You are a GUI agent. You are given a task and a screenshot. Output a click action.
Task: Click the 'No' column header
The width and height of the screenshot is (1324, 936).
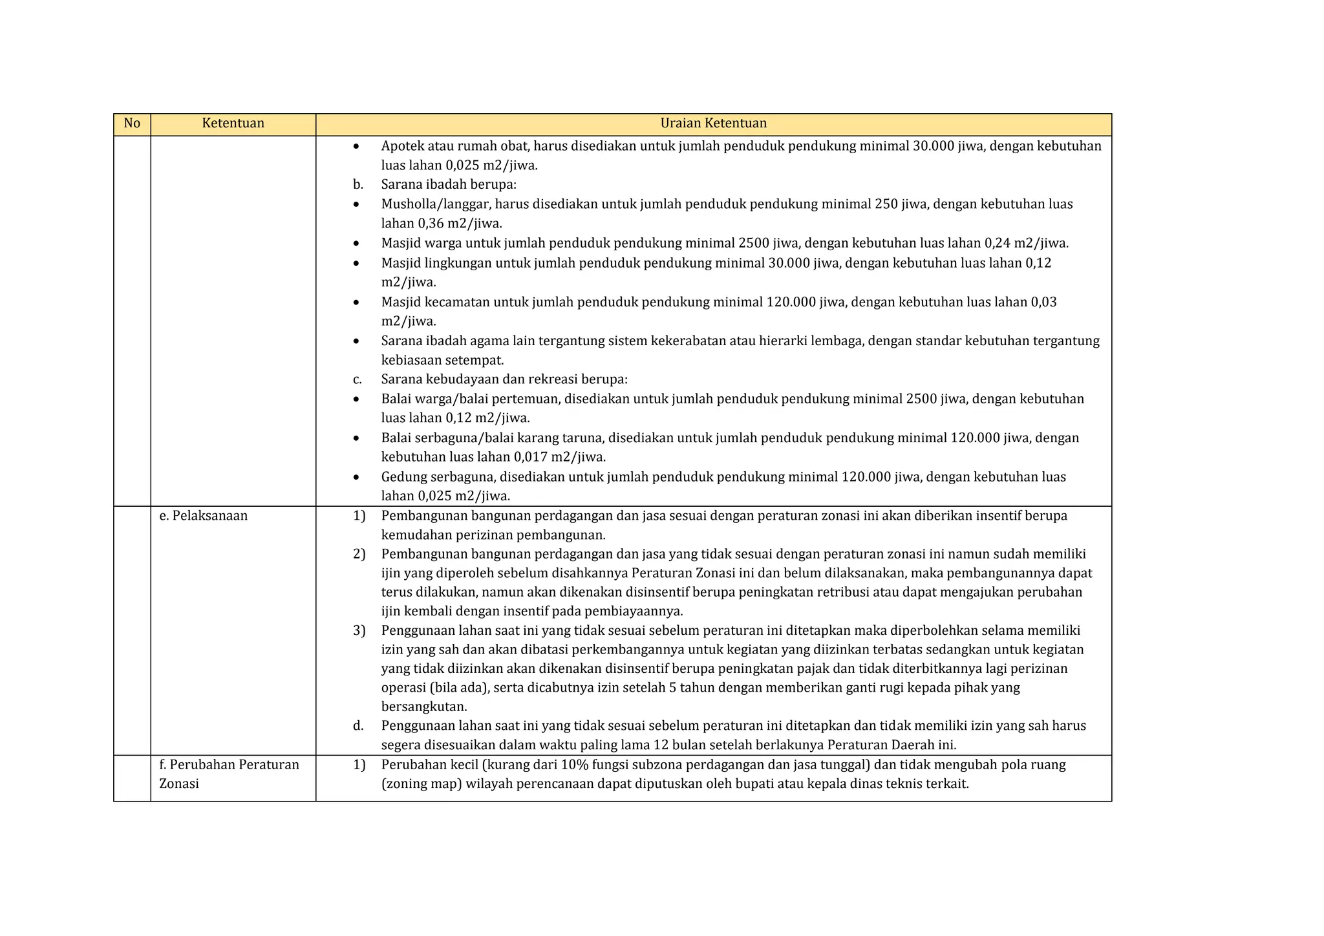(132, 123)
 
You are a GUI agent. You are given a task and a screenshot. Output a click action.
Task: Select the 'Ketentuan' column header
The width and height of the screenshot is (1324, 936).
(233, 123)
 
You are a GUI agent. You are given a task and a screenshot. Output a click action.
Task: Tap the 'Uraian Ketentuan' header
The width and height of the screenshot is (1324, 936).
(713, 123)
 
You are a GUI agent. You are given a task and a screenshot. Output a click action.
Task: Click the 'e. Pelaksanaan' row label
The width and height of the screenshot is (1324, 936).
(203, 516)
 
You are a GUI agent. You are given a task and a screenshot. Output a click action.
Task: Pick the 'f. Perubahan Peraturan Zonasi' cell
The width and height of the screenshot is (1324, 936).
(229, 774)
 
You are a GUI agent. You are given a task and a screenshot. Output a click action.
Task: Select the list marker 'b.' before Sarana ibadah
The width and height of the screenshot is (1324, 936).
(358, 185)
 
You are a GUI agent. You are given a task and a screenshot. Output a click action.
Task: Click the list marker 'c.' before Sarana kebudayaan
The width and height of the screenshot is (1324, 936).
(358, 379)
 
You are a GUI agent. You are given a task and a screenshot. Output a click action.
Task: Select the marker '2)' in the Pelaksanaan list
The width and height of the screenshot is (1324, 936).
(359, 554)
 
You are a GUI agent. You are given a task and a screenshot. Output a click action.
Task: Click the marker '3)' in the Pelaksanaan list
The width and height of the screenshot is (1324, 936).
(359, 630)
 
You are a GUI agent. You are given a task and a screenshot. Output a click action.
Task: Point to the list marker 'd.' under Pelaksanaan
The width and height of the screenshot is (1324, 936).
(358, 725)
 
